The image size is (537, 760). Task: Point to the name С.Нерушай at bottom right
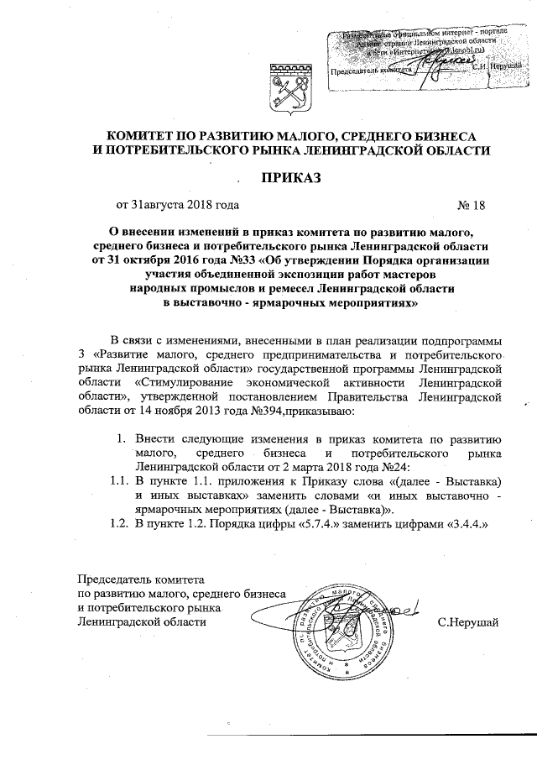468,622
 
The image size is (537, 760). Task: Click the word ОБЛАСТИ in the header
455,149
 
